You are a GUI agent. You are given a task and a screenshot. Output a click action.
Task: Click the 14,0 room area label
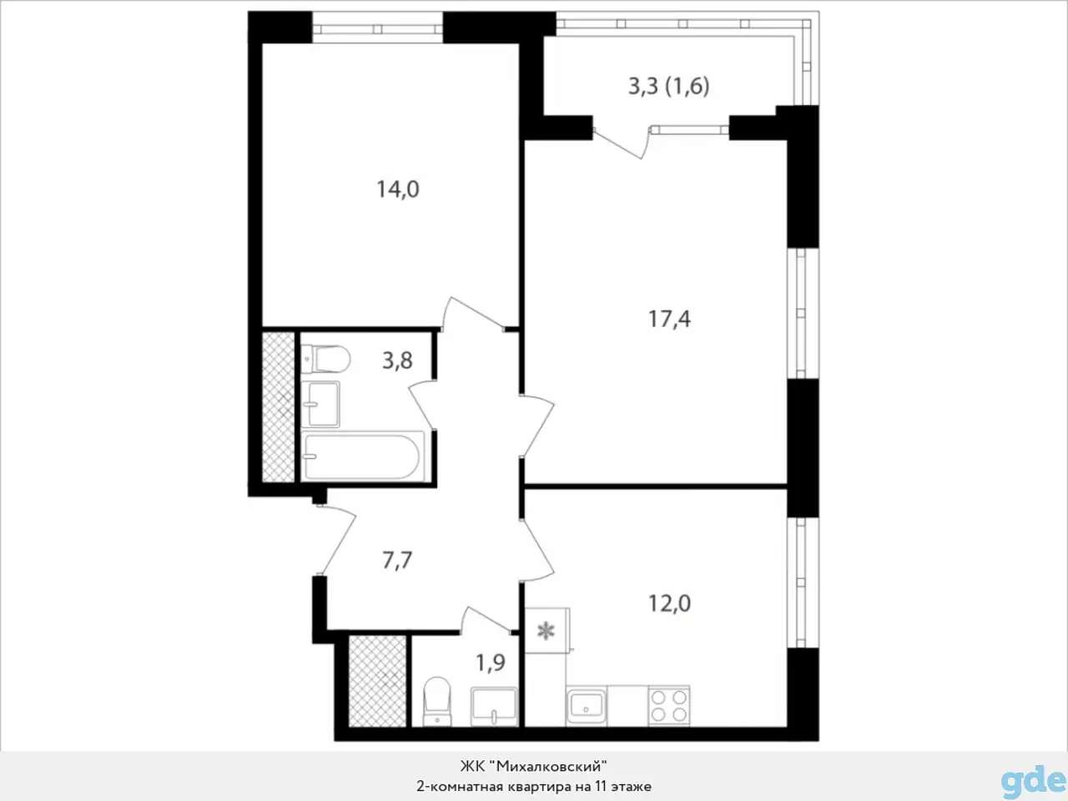(x=398, y=189)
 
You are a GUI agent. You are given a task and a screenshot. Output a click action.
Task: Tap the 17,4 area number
(x=669, y=320)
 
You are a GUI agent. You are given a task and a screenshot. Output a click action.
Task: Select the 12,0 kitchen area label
(x=669, y=603)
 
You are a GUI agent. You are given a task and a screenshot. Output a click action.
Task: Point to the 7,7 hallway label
(x=397, y=560)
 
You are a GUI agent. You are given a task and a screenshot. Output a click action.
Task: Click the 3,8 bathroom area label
(x=397, y=360)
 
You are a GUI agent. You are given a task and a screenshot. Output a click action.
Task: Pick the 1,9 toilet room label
(x=491, y=662)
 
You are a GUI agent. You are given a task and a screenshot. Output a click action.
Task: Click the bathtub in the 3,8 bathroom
(x=362, y=456)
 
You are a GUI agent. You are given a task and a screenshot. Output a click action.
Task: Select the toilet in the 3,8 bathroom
(x=325, y=360)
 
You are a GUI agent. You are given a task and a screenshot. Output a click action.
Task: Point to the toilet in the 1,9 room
(x=437, y=702)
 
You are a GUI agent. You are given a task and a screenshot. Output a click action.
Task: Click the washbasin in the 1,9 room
(x=494, y=706)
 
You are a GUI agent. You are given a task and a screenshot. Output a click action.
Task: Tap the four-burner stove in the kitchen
(x=669, y=706)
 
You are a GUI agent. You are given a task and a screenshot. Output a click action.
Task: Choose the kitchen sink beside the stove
(x=587, y=706)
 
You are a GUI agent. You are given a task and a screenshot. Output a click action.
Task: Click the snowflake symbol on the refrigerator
(x=546, y=632)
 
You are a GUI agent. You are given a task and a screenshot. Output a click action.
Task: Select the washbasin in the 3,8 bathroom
(x=320, y=404)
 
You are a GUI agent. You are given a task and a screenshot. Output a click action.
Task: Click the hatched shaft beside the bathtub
(x=279, y=407)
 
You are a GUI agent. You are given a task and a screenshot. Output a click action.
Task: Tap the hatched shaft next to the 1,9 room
(x=378, y=682)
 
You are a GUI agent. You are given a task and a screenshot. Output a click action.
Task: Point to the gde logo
(x=1033, y=779)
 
